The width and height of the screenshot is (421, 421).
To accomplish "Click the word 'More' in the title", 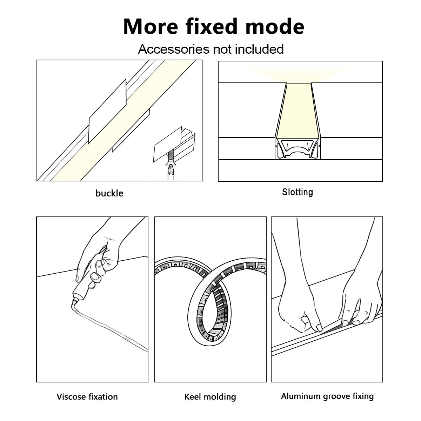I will pos(147,27).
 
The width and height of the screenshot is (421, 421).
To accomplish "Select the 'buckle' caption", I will pos(109,193).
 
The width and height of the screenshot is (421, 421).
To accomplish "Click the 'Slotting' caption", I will pos(297,192).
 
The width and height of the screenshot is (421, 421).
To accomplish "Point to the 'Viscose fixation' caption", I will pos(87,397).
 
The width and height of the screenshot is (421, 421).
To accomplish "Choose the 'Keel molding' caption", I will pos(210,397).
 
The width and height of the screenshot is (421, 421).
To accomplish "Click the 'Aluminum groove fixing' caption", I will pos(327,396).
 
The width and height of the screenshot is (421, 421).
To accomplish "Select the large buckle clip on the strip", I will pos(107,112).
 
